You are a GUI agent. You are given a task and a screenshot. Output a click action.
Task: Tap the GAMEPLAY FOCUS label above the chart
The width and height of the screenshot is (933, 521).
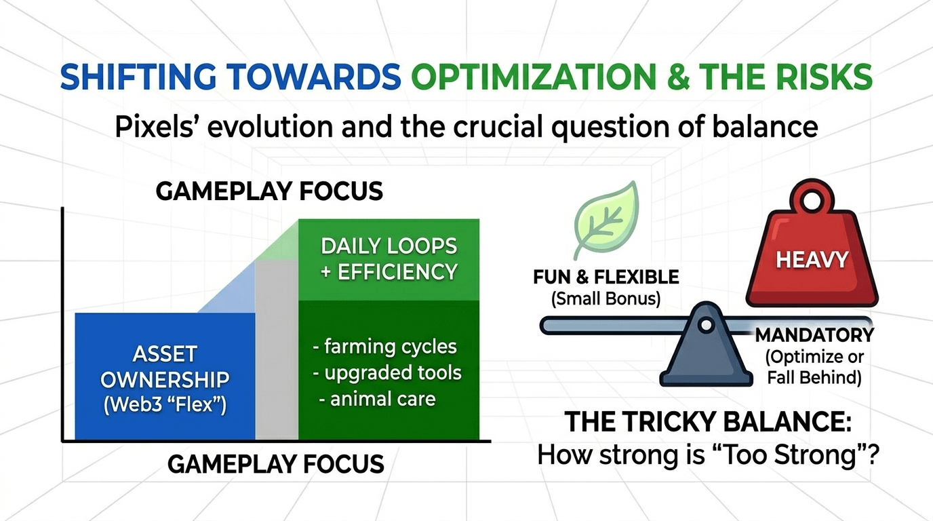point(269,191)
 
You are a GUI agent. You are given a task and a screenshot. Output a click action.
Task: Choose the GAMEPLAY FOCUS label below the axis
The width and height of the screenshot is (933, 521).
point(276,464)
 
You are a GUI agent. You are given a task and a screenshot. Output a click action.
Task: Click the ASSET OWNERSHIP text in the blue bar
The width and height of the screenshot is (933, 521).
point(165,367)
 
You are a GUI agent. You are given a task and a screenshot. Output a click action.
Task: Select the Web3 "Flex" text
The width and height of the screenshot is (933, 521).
point(165,404)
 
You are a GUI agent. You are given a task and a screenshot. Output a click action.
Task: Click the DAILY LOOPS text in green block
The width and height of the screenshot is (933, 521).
point(389,246)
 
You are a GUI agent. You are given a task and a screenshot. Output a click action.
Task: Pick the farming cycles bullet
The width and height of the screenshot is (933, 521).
point(385,347)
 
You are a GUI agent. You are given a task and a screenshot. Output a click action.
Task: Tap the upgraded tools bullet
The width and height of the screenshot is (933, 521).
point(387,372)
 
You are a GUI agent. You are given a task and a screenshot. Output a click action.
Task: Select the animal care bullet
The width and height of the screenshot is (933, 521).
point(378,399)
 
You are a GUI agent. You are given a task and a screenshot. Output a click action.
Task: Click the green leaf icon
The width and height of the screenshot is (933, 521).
point(606,220)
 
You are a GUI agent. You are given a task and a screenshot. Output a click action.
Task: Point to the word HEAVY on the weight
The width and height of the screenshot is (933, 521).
point(812,259)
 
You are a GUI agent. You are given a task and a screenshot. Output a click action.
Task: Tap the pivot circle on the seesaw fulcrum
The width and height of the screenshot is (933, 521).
point(706,325)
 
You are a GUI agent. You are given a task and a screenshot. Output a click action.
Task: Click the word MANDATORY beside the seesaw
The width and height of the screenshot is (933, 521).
point(815,335)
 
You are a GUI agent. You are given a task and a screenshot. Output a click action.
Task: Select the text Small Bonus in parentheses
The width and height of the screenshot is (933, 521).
point(606,298)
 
